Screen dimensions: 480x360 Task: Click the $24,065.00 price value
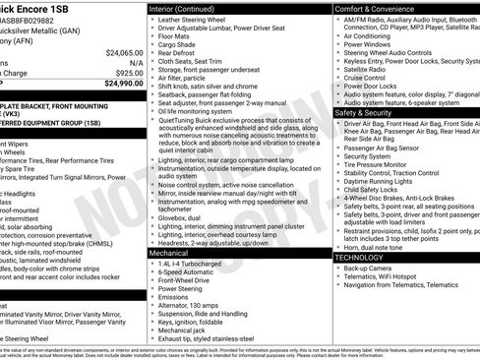[124, 52]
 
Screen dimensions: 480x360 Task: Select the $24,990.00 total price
[124, 84]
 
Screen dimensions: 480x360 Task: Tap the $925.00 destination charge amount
[129, 73]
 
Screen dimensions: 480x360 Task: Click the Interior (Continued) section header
[191, 8]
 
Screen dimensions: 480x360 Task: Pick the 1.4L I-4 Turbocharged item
[192, 265]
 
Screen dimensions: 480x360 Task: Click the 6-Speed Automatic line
[189, 273]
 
